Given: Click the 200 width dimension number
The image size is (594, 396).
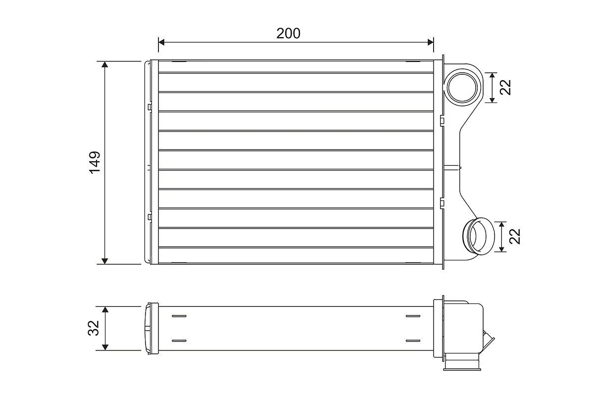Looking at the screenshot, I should (x=289, y=34).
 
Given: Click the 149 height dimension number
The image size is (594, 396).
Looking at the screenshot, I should (x=95, y=162).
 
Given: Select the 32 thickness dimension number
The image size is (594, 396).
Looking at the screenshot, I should (x=95, y=328).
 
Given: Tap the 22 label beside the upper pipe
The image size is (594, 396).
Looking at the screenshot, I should (x=505, y=87).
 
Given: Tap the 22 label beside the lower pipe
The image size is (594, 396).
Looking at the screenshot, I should (x=516, y=236).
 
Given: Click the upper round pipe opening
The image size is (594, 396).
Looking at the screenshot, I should (x=462, y=87).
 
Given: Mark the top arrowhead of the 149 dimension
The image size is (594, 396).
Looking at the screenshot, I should (x=104, y=65).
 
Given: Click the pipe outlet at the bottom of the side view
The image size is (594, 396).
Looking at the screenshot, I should (x=462, y=365).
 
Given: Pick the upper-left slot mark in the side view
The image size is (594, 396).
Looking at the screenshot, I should (x=179, y=316).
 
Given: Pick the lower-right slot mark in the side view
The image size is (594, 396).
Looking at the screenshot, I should (x=412, y=341).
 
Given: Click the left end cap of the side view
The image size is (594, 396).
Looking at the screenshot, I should (x=150, y=328).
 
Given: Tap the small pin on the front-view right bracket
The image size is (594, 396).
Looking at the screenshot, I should (x=453, y=168).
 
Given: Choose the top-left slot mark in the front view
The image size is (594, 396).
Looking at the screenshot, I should (x=179, y=62).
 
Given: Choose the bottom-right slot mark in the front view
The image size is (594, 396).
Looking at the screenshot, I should (x=412, y=262).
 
